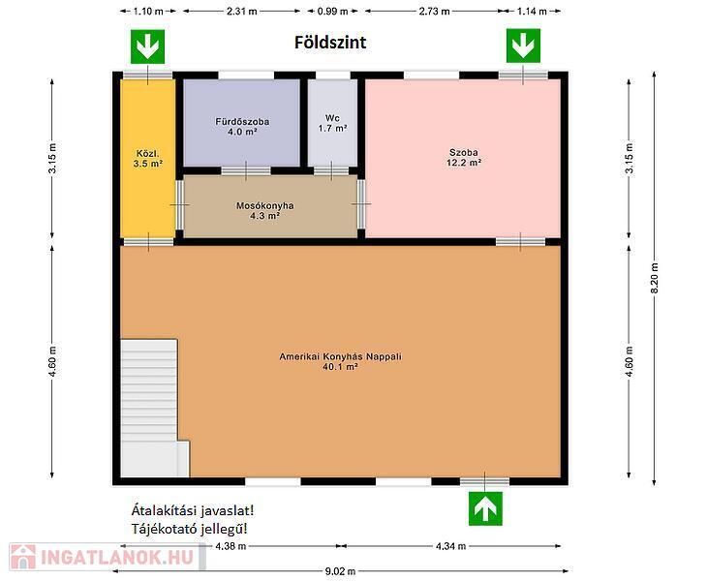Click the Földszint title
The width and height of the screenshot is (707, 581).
330,43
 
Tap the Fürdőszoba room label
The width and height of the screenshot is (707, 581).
242,127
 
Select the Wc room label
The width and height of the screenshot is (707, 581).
332,123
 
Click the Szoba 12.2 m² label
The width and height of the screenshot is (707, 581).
464,157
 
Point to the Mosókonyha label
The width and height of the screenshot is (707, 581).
265,210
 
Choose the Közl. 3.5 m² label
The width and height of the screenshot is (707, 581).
148,159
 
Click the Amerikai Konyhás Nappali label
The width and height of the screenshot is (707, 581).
340,361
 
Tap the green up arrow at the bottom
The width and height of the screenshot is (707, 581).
485,508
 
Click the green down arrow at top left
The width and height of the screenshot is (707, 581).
147,46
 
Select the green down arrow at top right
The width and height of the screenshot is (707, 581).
523,46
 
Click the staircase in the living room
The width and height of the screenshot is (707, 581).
154,408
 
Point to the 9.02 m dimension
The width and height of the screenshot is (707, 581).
340,571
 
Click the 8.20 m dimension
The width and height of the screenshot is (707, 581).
655,278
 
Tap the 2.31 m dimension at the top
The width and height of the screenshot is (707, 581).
242,12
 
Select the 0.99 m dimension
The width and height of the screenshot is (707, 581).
332,12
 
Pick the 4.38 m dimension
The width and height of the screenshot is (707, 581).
231,546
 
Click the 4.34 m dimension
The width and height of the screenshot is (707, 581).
450,546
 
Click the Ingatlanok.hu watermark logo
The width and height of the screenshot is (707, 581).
108,557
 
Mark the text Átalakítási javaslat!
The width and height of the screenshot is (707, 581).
193,510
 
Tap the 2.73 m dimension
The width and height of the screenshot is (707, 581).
434,12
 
